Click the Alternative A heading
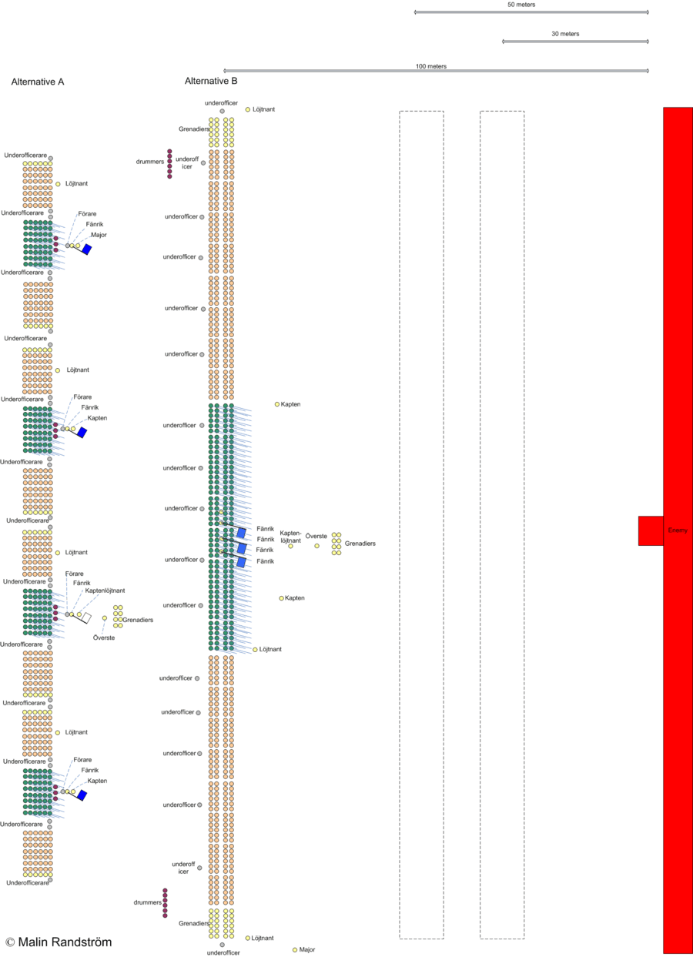click(x=37, y=82)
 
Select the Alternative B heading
click(x=211, y=80)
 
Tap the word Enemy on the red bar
click(x=678, y=530)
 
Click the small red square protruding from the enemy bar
click(x=650, y=530)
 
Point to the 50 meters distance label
click(x=521, y=5)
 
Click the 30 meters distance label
click(x=565, y=34)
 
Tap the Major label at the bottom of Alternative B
click(x=307, y=950)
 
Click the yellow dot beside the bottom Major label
click(x=295, y=950)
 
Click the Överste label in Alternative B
click(x=316, y=535)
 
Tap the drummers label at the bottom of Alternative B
click(x=146, y=902)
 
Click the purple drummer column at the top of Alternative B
click(x=169, y=163)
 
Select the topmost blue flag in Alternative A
click(x=87, y=249)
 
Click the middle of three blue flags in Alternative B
click(x=241, y=548)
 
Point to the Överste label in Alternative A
click(x=104, y=637)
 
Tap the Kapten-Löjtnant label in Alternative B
click(x=290, y=536)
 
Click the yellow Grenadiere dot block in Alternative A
click(x=118, y=615)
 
